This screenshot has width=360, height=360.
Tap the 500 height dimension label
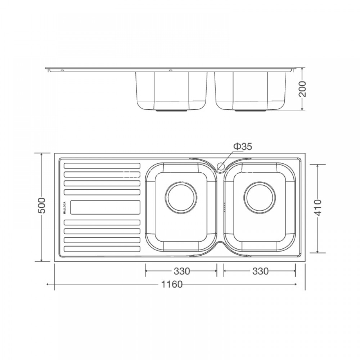[42, 206]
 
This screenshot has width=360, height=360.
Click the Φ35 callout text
[242, 147]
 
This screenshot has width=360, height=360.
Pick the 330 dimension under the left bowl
[181, 271]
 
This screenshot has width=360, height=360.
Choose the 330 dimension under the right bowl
[260, 271]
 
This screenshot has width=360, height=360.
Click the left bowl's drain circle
[181, 197]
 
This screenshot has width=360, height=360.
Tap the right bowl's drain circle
[260, 197]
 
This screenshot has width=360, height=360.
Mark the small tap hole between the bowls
[221, 166]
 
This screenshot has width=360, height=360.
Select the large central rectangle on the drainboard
[105, 207]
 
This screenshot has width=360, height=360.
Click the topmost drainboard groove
[102, 166]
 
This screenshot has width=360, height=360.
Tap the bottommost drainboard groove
[102, 249]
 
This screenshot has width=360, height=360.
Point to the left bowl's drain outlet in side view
[172, 111]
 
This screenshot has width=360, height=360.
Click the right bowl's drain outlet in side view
[251, 111]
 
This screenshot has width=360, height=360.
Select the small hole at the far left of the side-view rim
[62, 70]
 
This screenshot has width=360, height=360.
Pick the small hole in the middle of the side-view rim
[171, 70]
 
